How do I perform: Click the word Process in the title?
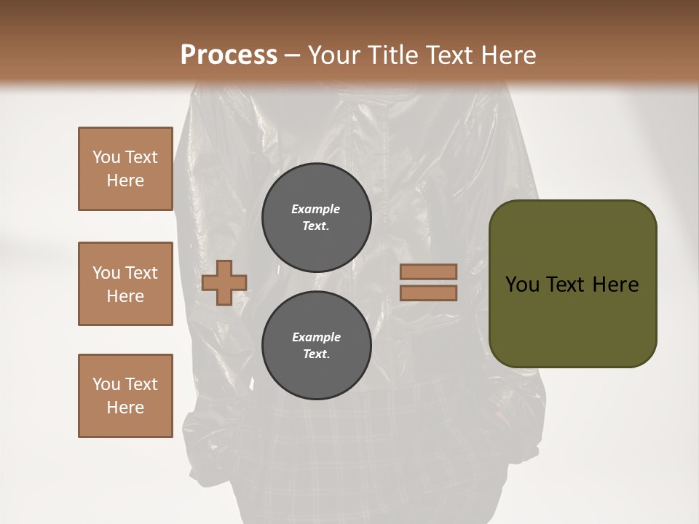[229, 55]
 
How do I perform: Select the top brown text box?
[125, 169]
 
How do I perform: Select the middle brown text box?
[125, 284]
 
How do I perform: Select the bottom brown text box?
[125, 395]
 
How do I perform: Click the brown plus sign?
[224, 282]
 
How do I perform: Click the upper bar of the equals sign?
[429, 271]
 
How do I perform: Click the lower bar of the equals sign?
[429, 293]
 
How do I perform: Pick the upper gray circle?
[316, 217]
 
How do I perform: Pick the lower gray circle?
[316, 345]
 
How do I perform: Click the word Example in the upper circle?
[315, 209]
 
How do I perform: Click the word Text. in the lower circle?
[316, 354]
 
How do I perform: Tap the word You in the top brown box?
[106, 157]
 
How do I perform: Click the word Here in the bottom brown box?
[125, 408]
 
